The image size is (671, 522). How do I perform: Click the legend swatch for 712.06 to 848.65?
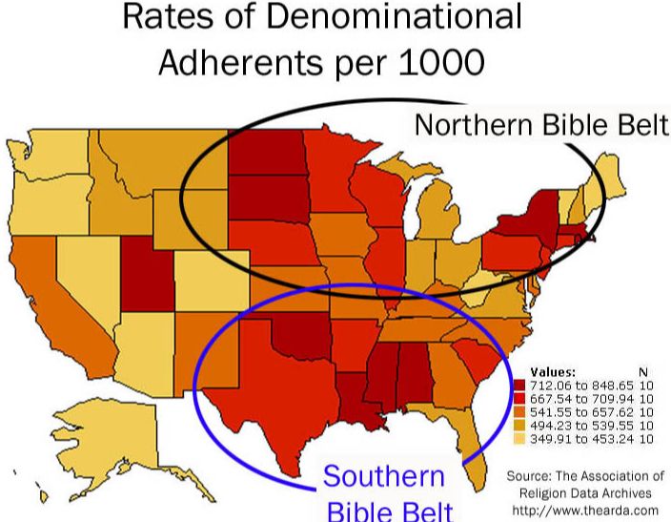tap(518, 384)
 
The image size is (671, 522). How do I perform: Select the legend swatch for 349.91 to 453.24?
tap(518, 440)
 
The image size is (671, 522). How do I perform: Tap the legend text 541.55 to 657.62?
tap(576, 412)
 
